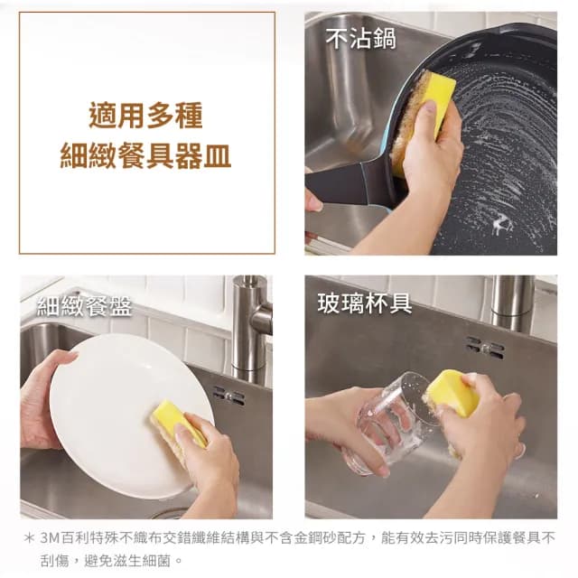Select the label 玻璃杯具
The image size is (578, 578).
tap(365, 303)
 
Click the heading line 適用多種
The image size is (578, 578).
tap(145, 116)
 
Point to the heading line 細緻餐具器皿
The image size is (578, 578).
tap(145, 155)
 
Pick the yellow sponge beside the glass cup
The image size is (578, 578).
tap(452, 393)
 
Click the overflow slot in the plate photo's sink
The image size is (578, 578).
tap(228, 395)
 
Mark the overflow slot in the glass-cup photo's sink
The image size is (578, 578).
tap(486, 345)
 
